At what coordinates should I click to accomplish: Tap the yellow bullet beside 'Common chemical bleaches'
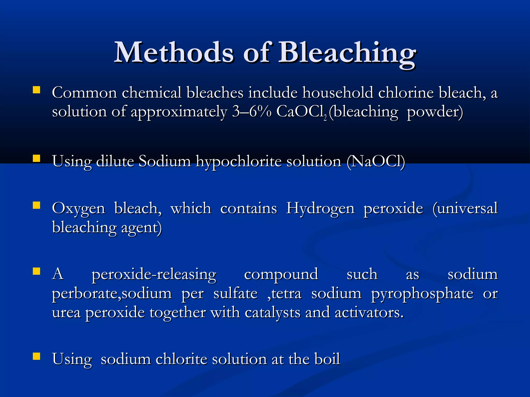tap(36, 90)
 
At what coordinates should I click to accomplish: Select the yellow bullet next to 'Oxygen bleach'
tap(36, 205)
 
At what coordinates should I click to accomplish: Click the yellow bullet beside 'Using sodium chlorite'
tap(36, 356)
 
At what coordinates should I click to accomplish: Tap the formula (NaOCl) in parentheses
tap(376, 161)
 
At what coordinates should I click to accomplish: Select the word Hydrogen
tap(320, 208)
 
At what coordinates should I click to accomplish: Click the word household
tap(338, 93)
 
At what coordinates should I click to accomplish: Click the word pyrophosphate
tap(422, 294)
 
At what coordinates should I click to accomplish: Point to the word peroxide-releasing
tap(154, 274)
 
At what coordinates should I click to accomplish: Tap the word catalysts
tap(273, 313)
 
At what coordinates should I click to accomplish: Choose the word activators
tap(369, 313)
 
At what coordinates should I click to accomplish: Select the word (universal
tap(465, 208)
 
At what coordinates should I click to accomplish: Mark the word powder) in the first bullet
tap(435, 112)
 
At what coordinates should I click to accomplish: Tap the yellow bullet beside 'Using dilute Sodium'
tap(36, 158)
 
